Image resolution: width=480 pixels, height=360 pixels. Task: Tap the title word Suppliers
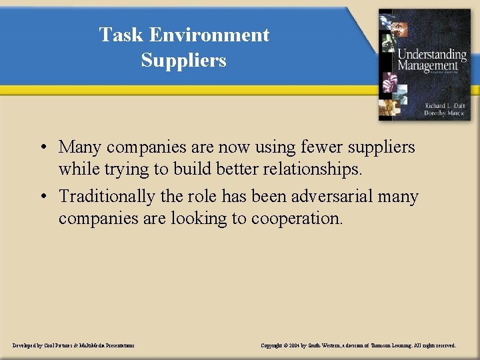(x=183, y=60)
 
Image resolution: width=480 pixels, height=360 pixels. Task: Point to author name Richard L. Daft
(x=445, y=105)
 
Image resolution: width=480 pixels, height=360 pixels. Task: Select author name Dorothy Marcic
(x=445, y=113)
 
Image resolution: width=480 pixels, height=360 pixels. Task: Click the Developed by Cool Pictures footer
(x=73, y=345)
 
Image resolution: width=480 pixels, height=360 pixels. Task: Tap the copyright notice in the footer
(x=358, y=345)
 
